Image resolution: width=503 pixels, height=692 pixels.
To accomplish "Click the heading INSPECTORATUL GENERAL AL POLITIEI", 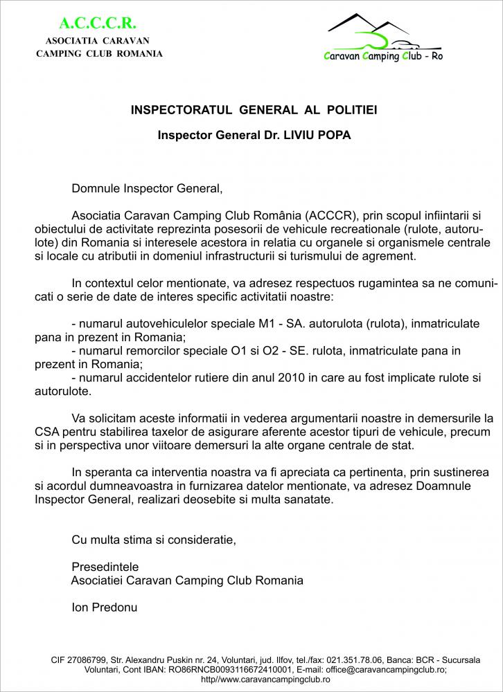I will [x=254, y=110].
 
